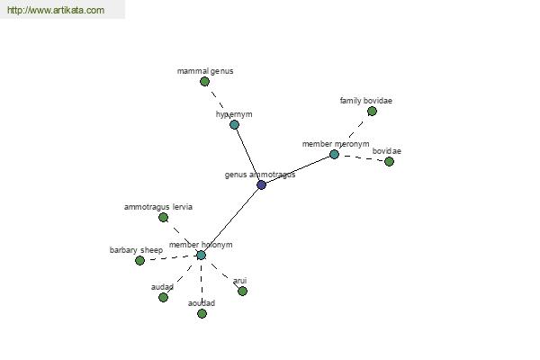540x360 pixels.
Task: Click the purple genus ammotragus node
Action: point(261,185)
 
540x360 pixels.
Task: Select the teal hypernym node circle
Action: point(234,125)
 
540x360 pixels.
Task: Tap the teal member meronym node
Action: point(334,154)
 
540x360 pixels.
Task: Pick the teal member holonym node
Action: point(201,256)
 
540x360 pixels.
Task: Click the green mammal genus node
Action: point(204,82)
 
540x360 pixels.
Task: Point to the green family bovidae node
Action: point(372,112)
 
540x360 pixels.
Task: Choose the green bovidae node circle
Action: point(389,161)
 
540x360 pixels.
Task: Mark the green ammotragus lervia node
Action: point(163,218)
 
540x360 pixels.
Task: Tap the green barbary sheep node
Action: point(139,260)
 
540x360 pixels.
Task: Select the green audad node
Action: point(163,297)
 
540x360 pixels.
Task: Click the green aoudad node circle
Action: point(202,313)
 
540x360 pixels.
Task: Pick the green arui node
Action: point(242,291)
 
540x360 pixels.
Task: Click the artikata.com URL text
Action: point(56,10)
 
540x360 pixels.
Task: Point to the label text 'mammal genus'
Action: point(205,71)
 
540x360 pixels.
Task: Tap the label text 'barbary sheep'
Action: point(136,250)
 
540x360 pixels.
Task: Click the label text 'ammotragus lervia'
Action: point(158,207)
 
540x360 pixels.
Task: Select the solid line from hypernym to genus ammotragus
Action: point(248,155)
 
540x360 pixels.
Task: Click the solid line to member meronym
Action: point(298,170)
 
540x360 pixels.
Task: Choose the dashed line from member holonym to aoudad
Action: point(202,284)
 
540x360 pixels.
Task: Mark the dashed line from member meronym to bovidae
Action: point(362,157)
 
